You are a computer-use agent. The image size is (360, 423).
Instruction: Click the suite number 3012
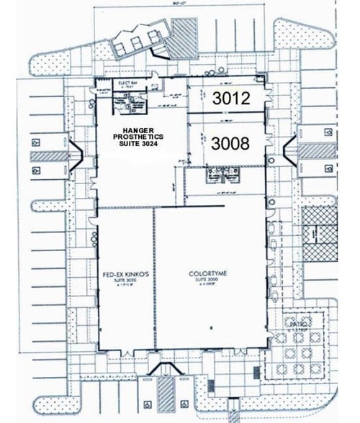click(230, 99)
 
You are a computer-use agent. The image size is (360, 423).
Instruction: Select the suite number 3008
click(230, 143)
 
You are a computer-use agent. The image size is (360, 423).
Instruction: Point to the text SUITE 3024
click(140, 144)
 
